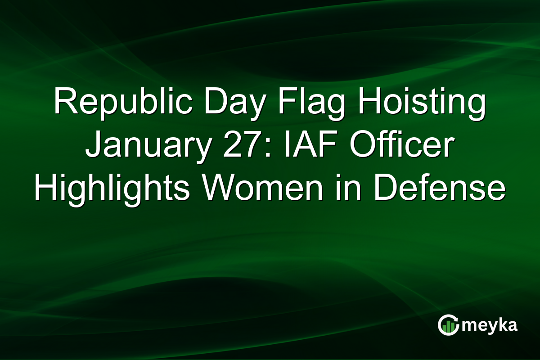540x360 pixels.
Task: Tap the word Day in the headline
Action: [222, 102]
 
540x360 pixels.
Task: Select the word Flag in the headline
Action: [302, 102]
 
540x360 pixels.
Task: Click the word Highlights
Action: [111, 189]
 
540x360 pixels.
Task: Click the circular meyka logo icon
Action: [449, 325]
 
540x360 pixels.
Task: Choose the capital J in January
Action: [94, 146]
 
